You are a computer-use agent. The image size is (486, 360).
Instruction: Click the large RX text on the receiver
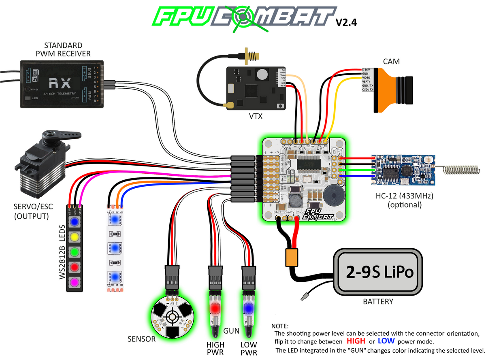tap(60, 83)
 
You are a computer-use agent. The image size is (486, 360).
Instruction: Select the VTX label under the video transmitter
tap(256, 116)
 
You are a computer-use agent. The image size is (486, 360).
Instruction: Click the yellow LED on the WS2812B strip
tap(75, 236)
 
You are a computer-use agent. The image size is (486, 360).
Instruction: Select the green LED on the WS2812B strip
tap(75, 251)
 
